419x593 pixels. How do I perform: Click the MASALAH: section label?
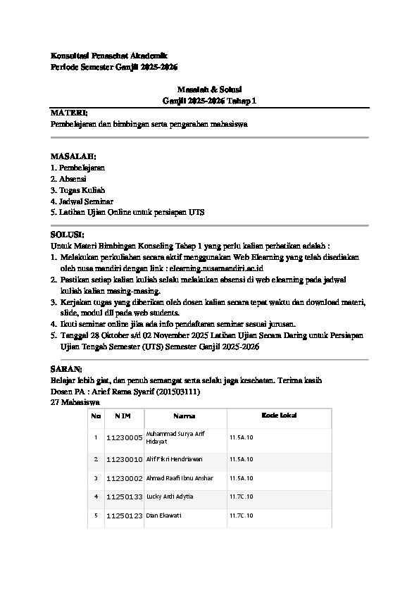point(73,155)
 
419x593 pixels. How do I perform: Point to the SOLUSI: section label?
point(68,234)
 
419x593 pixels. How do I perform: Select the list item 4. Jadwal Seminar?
point(82,201)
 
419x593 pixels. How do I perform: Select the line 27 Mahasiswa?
point(75,401)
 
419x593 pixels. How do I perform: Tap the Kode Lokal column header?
point(279,416)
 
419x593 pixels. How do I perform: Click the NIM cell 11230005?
point(124,437)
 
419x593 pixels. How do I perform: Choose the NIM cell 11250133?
point(124,497)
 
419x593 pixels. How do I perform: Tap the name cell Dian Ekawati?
point(163,516)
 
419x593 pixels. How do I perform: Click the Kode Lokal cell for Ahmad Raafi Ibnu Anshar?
point(241,478)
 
